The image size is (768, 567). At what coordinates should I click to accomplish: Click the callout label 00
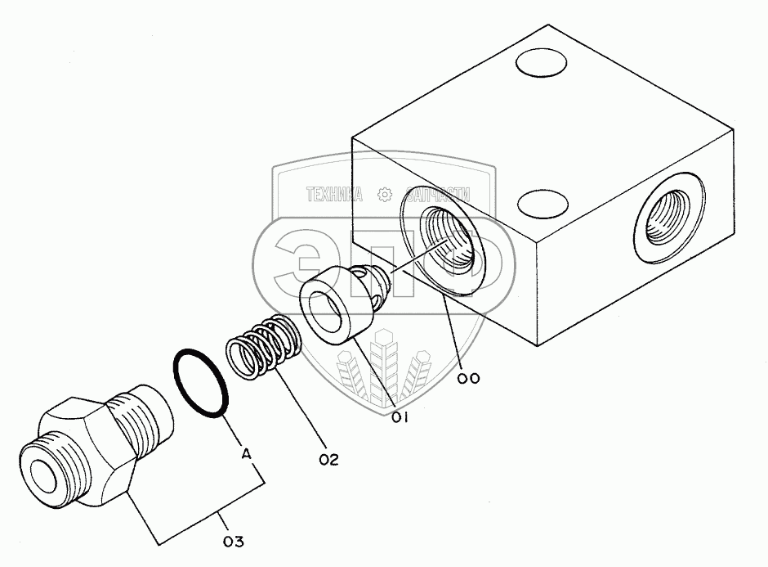[468, 378]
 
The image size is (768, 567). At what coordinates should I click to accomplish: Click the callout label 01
[400, 417]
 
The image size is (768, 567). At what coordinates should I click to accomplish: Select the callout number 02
[328, 460]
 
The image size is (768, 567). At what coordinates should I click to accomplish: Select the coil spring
[263, 347]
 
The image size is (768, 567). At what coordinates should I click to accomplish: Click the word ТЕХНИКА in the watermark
[334, 195]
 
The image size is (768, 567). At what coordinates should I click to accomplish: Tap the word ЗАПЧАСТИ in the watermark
[438, 195]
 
